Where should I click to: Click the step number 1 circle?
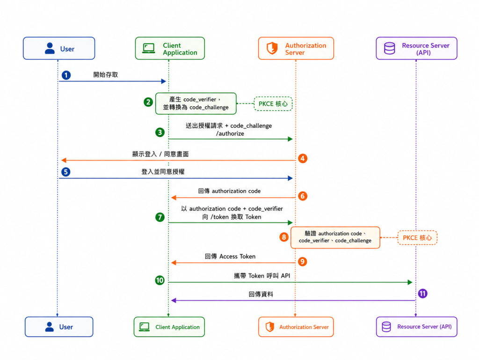click(x=66, y=75)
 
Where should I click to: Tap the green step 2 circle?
click(x=148, y=102)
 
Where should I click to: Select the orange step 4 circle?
click(x=303, y=158)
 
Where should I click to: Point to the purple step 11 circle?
click(x=422, y=294)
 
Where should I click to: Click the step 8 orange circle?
click(x=284, y=237)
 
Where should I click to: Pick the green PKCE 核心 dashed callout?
click(x=273, y=104)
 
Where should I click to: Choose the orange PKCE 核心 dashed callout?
click(x=417, y=238)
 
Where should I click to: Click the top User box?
click(x=59, y=48)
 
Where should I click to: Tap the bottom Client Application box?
click(x=169, y=327)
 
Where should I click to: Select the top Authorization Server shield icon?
click(x=272, y=48)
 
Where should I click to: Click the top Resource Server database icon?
click(x=390, y=48)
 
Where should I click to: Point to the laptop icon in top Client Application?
click(x=149, y=48)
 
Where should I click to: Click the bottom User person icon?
click(x=50, y=327)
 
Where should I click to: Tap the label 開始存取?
click(x=105, y=74)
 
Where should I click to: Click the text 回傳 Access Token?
click(x=230, y=257)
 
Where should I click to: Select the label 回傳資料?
click(x=261, y=294)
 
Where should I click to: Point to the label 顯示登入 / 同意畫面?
click(x=160, y=154)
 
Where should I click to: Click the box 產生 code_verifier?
click(x=196, y=103)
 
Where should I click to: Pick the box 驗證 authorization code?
click(x=335, y=237)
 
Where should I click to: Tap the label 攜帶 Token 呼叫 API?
click(x=262, y=276)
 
